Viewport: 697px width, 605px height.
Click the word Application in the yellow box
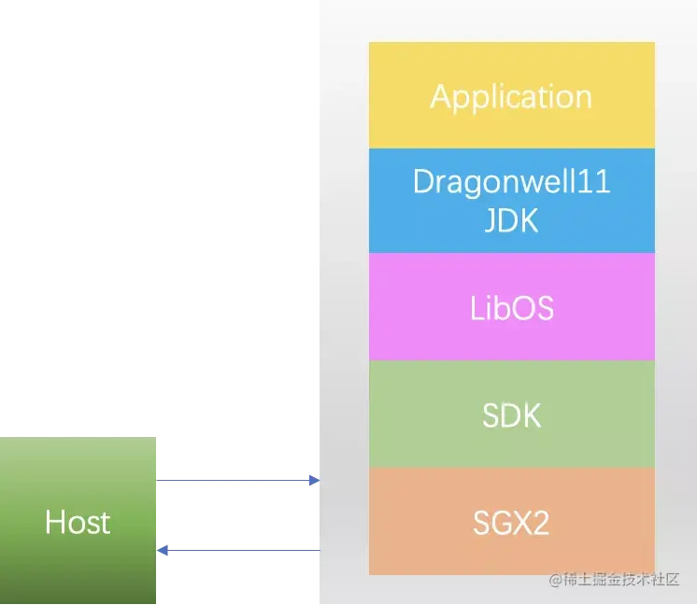coord(511,96)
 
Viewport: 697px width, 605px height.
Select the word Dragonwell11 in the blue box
coord(511,180)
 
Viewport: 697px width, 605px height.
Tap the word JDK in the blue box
coord(511,221)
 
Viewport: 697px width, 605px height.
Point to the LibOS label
coord(511,307)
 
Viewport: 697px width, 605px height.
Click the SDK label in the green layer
coord(511,415)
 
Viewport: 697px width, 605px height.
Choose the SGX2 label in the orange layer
coord(511,523)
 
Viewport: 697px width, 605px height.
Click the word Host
coord(78,522)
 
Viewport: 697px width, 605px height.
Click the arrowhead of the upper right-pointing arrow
coord(314,482)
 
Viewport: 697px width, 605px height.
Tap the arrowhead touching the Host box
coord(164,551)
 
